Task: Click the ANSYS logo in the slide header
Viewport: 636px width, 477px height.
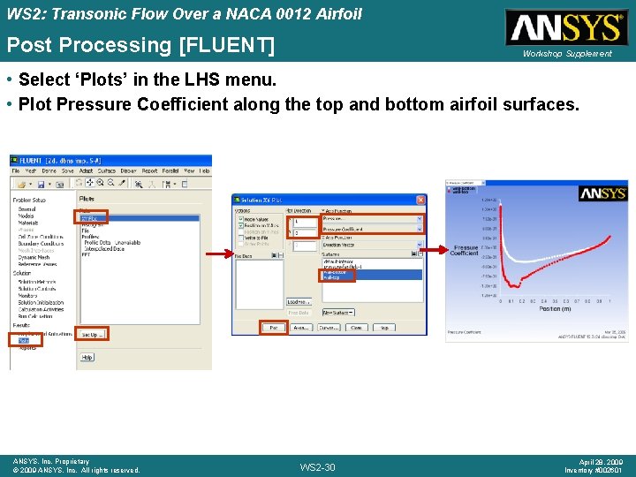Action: (x=566, y=27)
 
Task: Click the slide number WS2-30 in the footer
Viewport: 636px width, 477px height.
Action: (x=318, y=466)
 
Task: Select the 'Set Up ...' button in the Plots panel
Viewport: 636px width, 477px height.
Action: (x=92, y=335)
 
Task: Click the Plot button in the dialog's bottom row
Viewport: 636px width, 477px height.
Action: (x=274, y=328)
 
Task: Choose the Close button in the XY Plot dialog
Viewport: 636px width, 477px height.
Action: (x=357, y=328)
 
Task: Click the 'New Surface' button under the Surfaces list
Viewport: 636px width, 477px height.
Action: (x=337, y=313)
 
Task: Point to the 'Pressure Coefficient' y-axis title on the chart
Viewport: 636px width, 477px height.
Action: (x=465, y=251)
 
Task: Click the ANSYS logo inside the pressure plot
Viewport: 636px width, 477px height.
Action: (x=602, y=193)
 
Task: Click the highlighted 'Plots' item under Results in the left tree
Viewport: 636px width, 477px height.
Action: (x=24, y=339)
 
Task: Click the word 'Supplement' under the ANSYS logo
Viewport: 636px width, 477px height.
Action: (x=591, y=54)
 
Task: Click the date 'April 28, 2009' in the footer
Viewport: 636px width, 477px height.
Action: (x=602, y=461)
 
